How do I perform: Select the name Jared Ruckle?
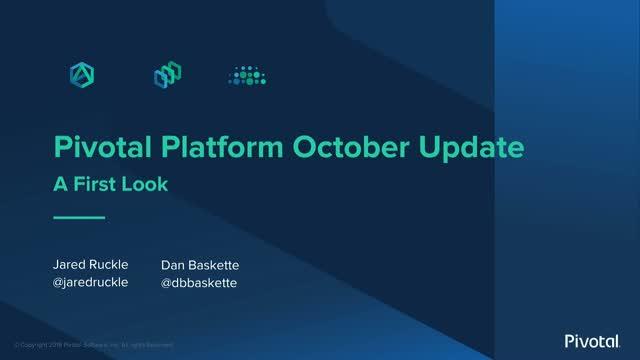[x=91, y=265]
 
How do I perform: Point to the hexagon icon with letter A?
[x=80, y=76]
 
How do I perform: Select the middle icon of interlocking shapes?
[x=165, y=76]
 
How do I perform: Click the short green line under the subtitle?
[x=78, y=217]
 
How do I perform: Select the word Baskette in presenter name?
[x=218, y=265]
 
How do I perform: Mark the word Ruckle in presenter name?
[x=111, y=265]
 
